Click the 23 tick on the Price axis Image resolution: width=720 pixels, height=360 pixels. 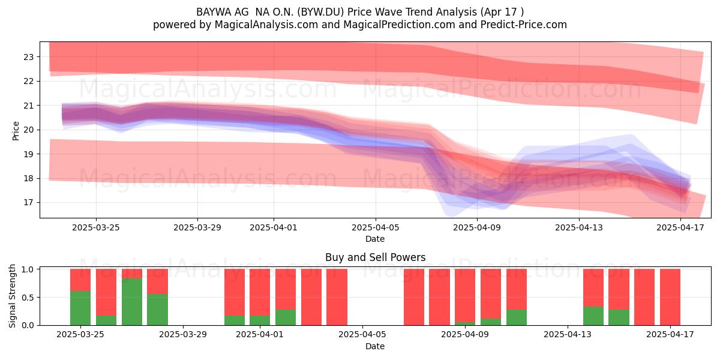click(29, 57)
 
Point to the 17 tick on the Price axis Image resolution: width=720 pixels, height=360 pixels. click(29, 203)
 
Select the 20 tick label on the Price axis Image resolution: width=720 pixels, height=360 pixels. click(29, 130)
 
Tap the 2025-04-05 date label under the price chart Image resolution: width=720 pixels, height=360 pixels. click(375, 227)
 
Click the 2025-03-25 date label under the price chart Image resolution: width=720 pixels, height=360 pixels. click(96, 227)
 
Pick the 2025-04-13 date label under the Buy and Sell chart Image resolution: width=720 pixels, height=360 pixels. click(568, 335)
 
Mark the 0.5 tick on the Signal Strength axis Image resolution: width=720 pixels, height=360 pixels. click(28, 298)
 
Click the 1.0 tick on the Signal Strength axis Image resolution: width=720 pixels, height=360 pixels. click(28, 269)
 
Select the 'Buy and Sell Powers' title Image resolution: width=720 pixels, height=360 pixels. click(375, 257)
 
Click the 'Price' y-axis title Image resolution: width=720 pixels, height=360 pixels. click(16, 131)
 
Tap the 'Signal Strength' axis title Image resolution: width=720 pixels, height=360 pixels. click(12, 296)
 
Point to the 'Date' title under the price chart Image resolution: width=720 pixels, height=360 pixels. click(375, 239)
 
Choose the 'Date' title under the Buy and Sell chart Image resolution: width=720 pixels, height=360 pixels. click(375, 346)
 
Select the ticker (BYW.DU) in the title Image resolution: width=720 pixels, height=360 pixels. click(320, 12)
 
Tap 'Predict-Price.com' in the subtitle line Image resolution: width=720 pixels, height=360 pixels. click(524, 25)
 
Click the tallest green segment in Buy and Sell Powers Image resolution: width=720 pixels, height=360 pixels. click(132, 302)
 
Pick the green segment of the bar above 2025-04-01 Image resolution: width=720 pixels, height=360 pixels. click(260, 320)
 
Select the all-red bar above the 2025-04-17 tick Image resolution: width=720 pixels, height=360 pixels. click(670, 297)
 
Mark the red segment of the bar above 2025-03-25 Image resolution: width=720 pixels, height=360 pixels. click(80, 280)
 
